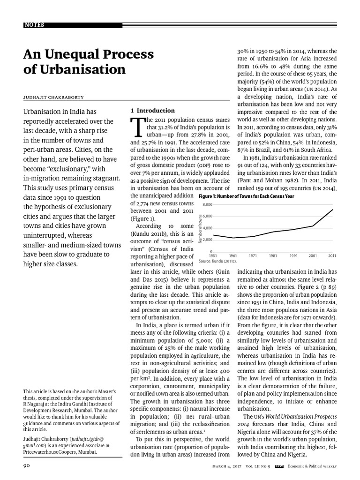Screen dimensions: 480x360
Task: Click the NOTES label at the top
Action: [35, 25]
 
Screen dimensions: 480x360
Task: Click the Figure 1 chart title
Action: [247, 196]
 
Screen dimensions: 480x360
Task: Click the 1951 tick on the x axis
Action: [213, 256]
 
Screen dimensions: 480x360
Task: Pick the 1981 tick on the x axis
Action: [273, 256]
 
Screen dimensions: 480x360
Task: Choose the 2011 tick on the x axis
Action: [332, 256]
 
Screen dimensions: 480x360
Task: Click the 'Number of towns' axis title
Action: [200, 228]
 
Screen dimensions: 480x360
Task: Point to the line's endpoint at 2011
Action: [332, 210]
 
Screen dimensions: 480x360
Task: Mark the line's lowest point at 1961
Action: [233, 238]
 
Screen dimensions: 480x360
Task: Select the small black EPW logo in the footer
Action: [278, 465]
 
